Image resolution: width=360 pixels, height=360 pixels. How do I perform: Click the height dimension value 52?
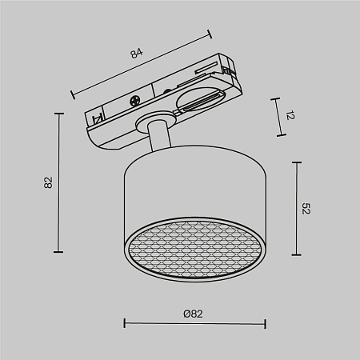pyautogui.click(x=306, y=209)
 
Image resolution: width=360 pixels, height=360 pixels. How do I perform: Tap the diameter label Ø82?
pyautogui.click(x=193, y=314)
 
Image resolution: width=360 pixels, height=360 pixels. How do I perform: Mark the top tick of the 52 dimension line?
pyautogui.click(x=297, y=163)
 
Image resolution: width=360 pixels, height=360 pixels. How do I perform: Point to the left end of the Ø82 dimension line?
pyautogui.click(x=124, y=324)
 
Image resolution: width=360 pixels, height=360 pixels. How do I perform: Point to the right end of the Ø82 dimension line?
pyautogui.click(x=265, y=324)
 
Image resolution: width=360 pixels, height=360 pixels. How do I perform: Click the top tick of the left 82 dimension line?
pyautogui.click(x=59, y=114)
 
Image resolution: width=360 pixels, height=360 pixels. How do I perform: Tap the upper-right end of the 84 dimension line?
pyautogui.click(x=210, y=33)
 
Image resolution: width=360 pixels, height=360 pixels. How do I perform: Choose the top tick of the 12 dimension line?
pyautogui.click(x=277, y=97)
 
